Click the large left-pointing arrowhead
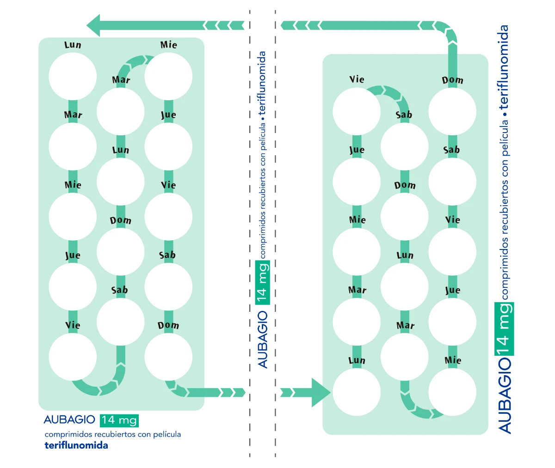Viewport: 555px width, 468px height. [94, 25]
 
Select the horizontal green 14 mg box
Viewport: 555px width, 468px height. [119, 420]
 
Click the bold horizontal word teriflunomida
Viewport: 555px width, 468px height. [76, 446]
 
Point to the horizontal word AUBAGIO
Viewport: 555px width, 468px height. [69, 419]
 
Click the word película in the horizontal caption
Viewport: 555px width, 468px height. [167, 434]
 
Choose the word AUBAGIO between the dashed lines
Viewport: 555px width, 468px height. [263, 339]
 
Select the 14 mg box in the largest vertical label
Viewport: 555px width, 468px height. [505, 328]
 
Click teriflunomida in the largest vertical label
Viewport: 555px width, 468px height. [504, 67]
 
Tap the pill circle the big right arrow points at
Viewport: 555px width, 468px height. [357, 392]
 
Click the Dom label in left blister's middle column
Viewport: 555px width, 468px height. [120, 220]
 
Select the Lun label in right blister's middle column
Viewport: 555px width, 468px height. [405, 255]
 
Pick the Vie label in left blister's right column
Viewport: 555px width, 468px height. [168, 185]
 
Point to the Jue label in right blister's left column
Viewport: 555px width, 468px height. [357, 150]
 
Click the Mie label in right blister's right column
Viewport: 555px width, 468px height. [452, 360]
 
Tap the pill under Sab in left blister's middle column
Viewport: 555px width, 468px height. [120, 322]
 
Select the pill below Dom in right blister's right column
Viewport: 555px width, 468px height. [452, 111]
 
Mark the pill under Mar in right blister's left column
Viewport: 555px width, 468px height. [357, 322]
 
